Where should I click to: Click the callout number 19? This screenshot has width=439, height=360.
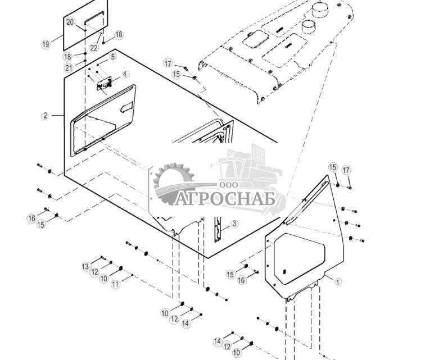pyautogui.click(x=46, y=44)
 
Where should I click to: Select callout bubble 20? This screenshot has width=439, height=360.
pyautogui.click(x=70, y=22)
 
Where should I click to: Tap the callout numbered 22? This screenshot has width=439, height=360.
pyautogui.click(x=94, y=48)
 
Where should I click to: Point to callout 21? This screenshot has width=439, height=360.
pyautogui.click(x=69, y=68)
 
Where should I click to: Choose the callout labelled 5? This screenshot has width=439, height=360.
pyautogui.click(x=113, y=57)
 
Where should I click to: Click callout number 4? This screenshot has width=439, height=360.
pyautogui.click(x=125, y=74)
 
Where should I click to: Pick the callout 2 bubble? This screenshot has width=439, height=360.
pyautogui.click(x=45, y=116)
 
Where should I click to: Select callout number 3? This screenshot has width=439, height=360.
pyautogui.click(x=234, y=223)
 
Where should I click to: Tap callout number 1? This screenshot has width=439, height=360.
pyautogui.click(x=338, y=282)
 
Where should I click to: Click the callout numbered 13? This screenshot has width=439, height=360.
pyautogui.click(x=86, y=266)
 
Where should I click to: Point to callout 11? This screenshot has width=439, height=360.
pyautogui.click(x=115, y=285)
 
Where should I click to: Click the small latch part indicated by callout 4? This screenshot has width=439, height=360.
pyautogui.click(x=105, y=85)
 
